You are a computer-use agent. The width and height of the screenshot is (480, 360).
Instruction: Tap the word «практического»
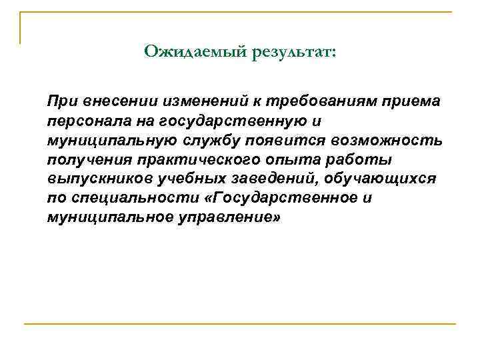177,160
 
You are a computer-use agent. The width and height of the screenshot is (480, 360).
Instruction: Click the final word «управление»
215,218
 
